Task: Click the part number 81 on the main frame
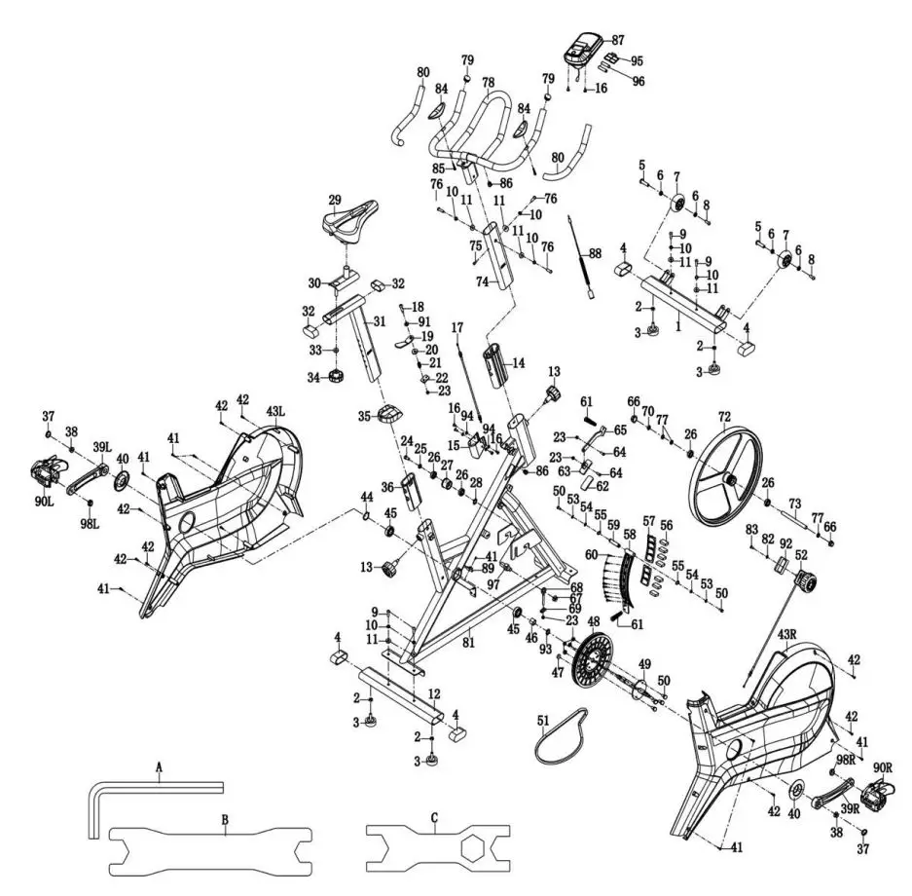(469, 643)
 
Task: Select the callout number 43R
(787, 634)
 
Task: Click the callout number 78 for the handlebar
(488, 83)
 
